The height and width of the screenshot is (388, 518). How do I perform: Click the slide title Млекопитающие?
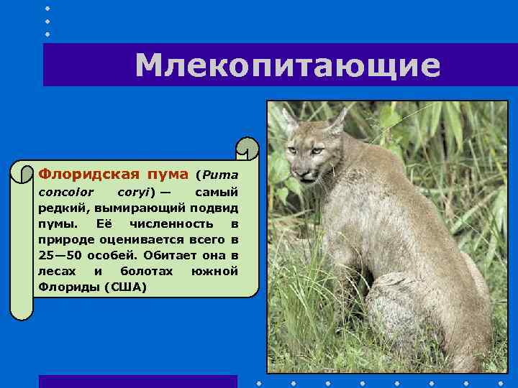[x=287, y=65]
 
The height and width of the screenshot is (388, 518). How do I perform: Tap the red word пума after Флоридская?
[x=168, y=174]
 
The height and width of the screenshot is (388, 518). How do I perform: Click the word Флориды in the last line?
[x=69, y=287]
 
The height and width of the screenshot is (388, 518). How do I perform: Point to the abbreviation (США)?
[x=125, y=287]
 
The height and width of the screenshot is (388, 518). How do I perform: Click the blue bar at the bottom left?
[x=137, y=381]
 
